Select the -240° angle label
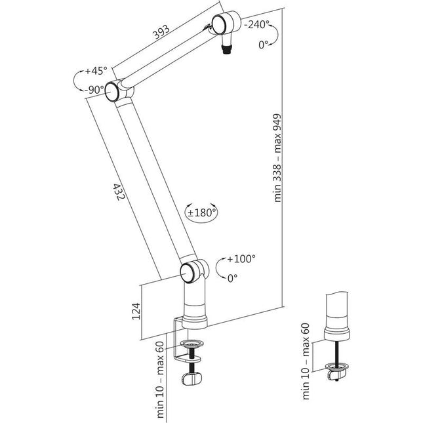click(x=258, y=25)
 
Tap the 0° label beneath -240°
click(x=264, y=45)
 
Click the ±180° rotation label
click(x=202, y=212)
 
